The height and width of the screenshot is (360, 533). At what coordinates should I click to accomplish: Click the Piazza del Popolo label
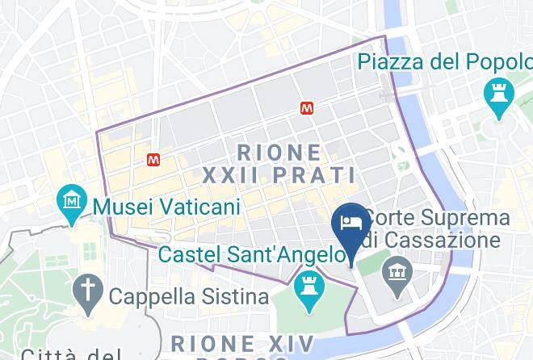coord(444,61)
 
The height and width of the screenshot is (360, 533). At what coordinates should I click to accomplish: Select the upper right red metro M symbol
coord(307,107)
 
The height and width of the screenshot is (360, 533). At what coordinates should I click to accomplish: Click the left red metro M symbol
coord(153,160)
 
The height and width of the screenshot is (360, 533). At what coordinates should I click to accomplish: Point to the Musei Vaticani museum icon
coord(73,199)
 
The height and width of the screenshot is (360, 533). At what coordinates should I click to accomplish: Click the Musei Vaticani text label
coord(167,207)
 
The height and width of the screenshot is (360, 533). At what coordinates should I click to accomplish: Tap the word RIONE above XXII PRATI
coord(280,151)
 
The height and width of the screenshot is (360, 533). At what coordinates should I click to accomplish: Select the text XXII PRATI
coord(279,174)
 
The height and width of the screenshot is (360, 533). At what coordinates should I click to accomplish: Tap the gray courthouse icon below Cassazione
coord(397,267)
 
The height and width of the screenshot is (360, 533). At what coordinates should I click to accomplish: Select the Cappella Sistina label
coord(189,296)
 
